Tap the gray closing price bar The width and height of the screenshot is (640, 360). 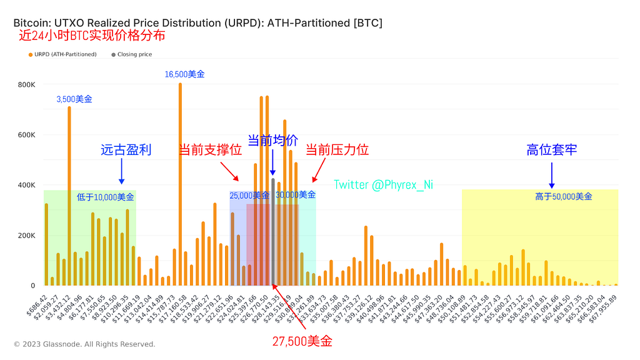point(273,232)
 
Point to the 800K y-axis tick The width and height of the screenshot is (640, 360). point(26,84)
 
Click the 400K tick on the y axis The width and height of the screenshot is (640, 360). point(26,185)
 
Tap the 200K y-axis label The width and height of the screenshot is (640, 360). point(26,236)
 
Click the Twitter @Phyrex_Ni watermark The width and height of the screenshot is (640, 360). point(384,184)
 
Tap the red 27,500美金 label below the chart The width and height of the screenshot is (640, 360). point(302,341)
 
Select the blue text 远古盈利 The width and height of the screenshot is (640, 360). point(126,150)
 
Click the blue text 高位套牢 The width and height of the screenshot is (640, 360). point(551,150)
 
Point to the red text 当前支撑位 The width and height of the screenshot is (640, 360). point(210,150)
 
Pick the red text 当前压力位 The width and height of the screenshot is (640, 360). point(337,150)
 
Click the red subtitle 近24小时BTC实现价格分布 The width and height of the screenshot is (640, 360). point(92,36)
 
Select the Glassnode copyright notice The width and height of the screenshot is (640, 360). point(84,344)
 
